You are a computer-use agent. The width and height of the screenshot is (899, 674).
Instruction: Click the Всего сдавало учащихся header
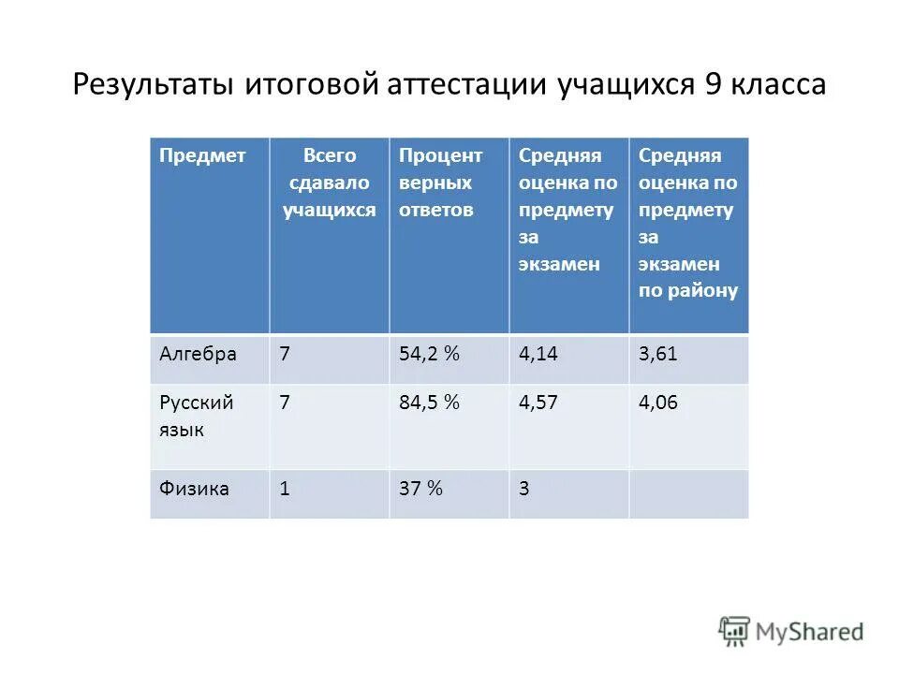[330, 183]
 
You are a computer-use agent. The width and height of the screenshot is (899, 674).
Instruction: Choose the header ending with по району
[688, 223]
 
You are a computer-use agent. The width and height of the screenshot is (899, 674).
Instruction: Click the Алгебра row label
[198, 354]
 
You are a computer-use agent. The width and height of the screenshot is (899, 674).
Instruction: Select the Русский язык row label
[196, 418]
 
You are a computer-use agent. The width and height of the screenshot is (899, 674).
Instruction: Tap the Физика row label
[194, 489]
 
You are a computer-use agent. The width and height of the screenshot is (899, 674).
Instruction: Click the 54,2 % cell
[429, 354]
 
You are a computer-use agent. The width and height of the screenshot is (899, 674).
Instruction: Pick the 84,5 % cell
[429, 403]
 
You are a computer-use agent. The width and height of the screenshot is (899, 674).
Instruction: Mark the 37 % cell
[420, 489]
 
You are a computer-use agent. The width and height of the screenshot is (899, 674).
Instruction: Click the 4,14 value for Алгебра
[539, 354]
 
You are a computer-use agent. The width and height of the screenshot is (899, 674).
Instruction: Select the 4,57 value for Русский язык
[539, 403]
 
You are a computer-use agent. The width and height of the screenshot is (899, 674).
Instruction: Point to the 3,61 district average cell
[658, 354]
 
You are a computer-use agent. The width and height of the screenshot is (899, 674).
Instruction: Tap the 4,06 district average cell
[658, 403]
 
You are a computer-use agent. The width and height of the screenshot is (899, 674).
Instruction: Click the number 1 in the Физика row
[285, 489]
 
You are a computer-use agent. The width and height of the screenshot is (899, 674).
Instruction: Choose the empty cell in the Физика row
[688, 493]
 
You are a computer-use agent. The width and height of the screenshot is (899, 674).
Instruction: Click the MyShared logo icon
[735, 632]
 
